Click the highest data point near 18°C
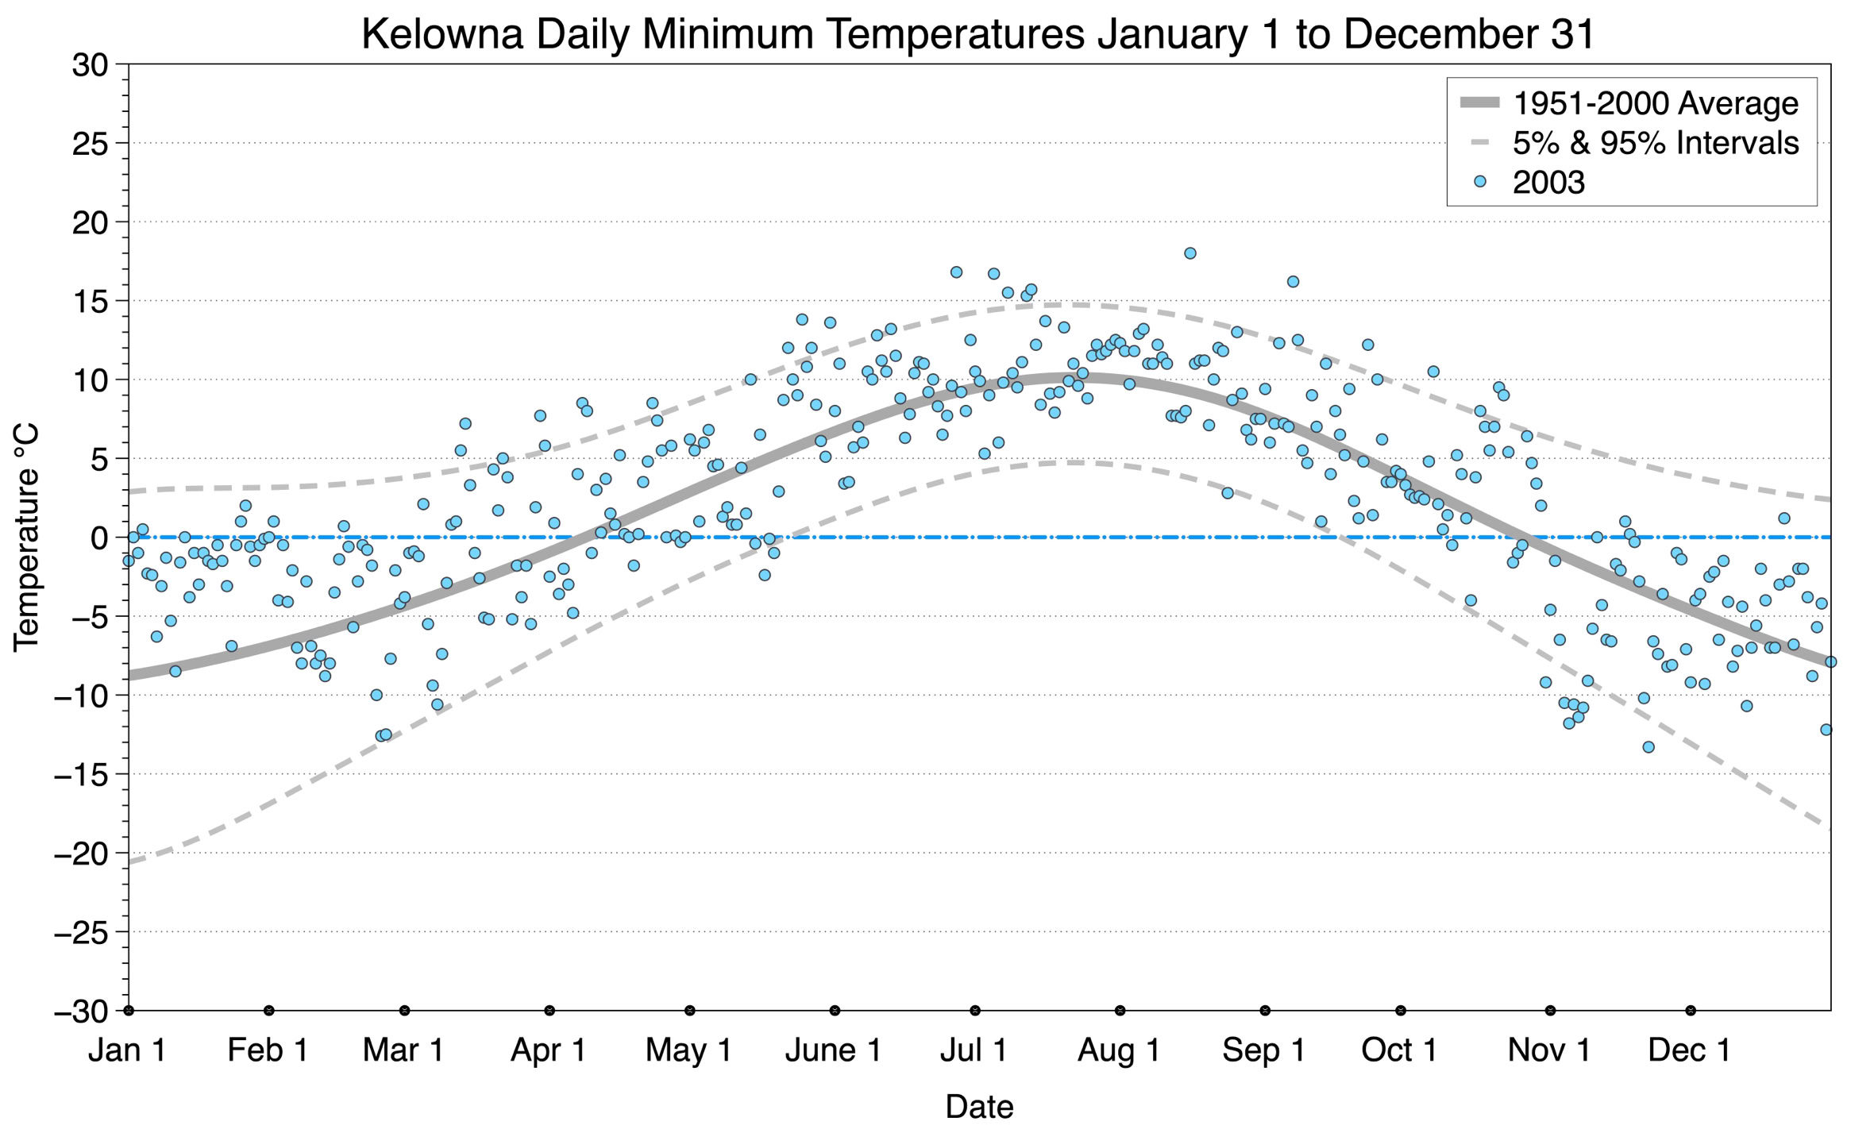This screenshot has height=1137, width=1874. coord(1190,253)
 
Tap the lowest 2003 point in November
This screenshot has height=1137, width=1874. coord(1648,747)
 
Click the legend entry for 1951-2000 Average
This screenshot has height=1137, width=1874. coord(1655,103)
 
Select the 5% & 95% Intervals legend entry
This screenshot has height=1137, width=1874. coord(1655,143)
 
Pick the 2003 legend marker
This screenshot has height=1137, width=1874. coord(1479,182)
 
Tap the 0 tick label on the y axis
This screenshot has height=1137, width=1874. coord(98,538)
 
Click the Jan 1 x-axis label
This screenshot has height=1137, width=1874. coord(127,1050)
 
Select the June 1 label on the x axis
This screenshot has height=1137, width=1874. coord(833,1050)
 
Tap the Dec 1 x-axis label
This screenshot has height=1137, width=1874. coord(1689,1050)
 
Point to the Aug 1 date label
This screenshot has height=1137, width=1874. coord(1118,1050)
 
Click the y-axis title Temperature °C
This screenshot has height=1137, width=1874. coord(25,538)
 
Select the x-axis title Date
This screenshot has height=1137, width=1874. coord(979,1107)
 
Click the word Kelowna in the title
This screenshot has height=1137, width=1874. coord(442,35)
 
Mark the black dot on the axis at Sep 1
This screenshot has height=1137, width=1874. coord(1265,1011)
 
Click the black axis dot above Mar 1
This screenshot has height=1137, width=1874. coord(405,1011)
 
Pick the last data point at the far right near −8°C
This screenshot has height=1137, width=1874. coord(1830,661)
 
